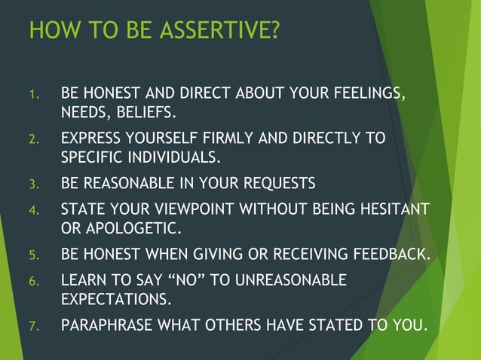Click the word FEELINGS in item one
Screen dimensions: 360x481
pos(368,95)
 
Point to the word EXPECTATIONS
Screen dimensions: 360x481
pos(116,298)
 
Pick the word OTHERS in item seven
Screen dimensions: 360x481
pos(229,325)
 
